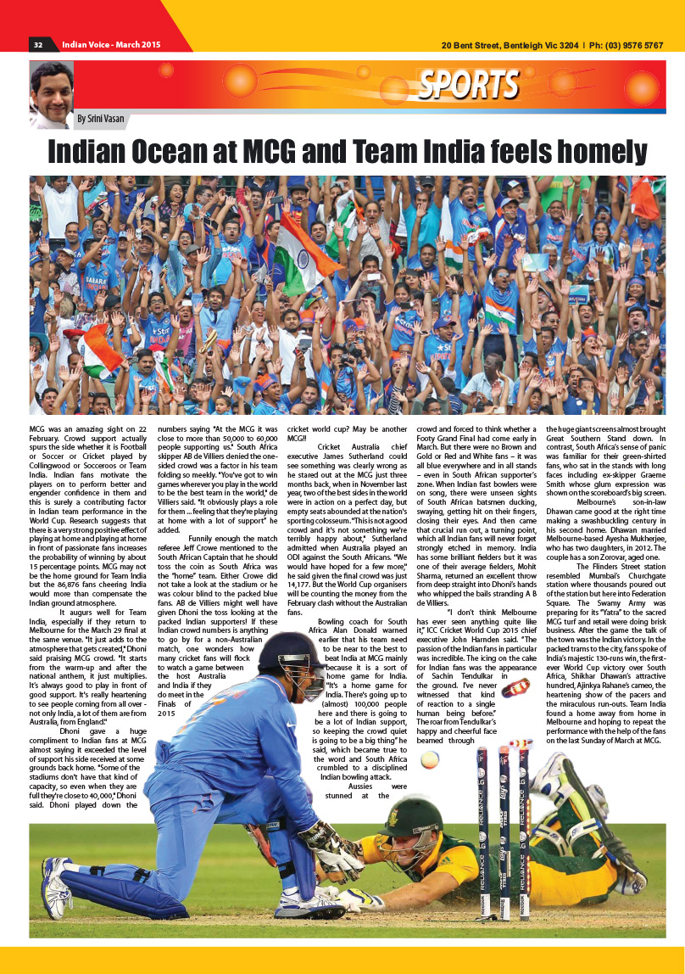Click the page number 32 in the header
point(38,45)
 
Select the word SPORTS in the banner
point(468,84)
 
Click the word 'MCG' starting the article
point(38,429)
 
